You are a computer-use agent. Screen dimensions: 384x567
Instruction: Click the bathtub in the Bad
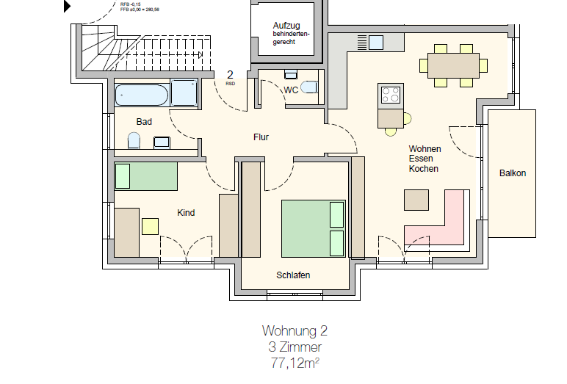point(142,95)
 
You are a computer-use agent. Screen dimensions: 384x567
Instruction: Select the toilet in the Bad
point(134,140)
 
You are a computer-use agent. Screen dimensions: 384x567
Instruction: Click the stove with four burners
point(390,95)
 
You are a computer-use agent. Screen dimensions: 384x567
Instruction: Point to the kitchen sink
point(376,42)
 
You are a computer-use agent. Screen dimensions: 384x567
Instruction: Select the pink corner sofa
point(441,224)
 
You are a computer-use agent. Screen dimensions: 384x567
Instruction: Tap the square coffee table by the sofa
point(416,200)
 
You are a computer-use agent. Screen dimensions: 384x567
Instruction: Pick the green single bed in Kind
point(146,177)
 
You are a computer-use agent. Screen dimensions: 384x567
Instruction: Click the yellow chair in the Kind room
point(151,226)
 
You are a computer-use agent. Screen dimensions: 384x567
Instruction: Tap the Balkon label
point(513,173)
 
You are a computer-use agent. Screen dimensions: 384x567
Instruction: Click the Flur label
point(261,137)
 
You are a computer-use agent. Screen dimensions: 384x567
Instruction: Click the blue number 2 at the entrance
point(230,75)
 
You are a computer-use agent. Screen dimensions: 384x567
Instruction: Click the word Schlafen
point(293,275)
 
